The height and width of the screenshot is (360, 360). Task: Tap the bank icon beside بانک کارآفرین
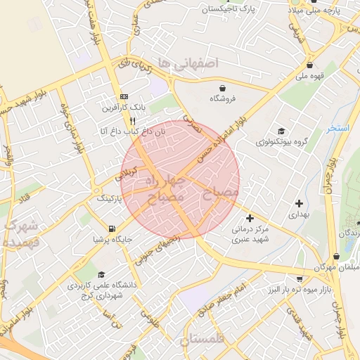point(124,97)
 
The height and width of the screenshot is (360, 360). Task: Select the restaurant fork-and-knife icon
point(132,120)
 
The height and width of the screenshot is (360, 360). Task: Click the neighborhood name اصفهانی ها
point(188,63)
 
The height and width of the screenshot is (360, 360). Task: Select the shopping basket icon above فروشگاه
point(223,88)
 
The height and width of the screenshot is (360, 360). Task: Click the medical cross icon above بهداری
point(299,203)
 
